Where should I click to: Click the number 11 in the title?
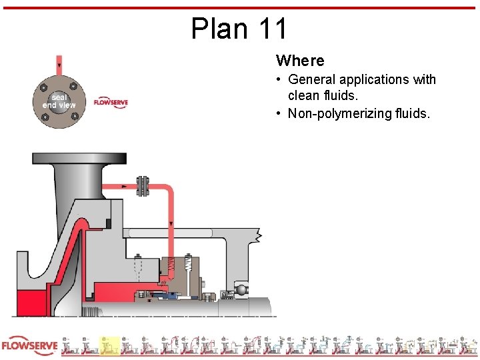click(273, 29)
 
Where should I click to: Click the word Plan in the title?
click(219, 29)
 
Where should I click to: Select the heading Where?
click(300, 61)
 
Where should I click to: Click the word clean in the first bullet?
click(304, 96)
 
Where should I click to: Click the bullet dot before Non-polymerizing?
click(279, 113)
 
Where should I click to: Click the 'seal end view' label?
click(59, 101)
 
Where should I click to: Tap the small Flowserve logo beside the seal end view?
click(111, 103)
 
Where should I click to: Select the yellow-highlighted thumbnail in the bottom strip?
click(109, 346)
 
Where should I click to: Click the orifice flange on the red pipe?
click(142, 186)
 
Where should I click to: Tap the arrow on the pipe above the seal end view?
click(59, 65)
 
